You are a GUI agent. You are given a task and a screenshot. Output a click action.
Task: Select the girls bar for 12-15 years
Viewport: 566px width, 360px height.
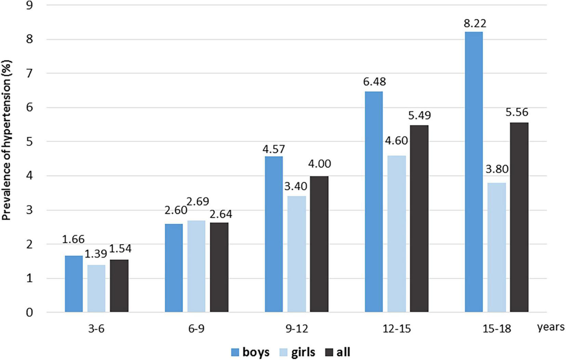click(x=396, y=234)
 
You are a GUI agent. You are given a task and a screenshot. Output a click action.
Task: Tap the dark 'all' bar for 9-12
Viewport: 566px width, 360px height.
click(x=319, y=244)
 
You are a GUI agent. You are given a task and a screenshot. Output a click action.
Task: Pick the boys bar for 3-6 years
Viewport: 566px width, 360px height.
click(x=74, y=284)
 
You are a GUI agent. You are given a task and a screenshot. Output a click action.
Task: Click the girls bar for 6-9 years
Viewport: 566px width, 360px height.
click(x=196, y=266)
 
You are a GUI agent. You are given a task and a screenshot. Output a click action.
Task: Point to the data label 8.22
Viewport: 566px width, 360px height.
click(x=475, y=24)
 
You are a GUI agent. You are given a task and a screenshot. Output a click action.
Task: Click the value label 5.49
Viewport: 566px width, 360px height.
click(x=419, y=116)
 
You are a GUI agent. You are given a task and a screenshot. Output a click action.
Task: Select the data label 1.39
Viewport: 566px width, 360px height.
click(x=96, y=254)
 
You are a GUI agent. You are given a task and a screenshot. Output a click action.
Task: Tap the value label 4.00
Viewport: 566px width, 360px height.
click(x=319, y=164)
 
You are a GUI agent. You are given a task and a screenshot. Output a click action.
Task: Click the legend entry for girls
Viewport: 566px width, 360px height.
click(x=297, y=352)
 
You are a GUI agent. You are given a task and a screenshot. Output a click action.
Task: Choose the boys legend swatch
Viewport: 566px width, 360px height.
click(x=235, y=352)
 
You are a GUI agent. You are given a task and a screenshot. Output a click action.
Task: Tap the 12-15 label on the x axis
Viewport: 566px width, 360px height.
click(x=397, y=329)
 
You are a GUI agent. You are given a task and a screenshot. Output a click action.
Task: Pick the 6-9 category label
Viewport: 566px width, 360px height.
click(x=196, y=329)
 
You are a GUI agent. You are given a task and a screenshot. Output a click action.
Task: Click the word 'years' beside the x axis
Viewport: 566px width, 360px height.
click(x=550, y=327)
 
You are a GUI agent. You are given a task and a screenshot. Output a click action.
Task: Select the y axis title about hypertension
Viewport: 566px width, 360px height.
click(x=7, y=140)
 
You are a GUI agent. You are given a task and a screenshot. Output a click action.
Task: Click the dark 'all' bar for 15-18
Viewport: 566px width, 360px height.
click(x=519, y=217)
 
